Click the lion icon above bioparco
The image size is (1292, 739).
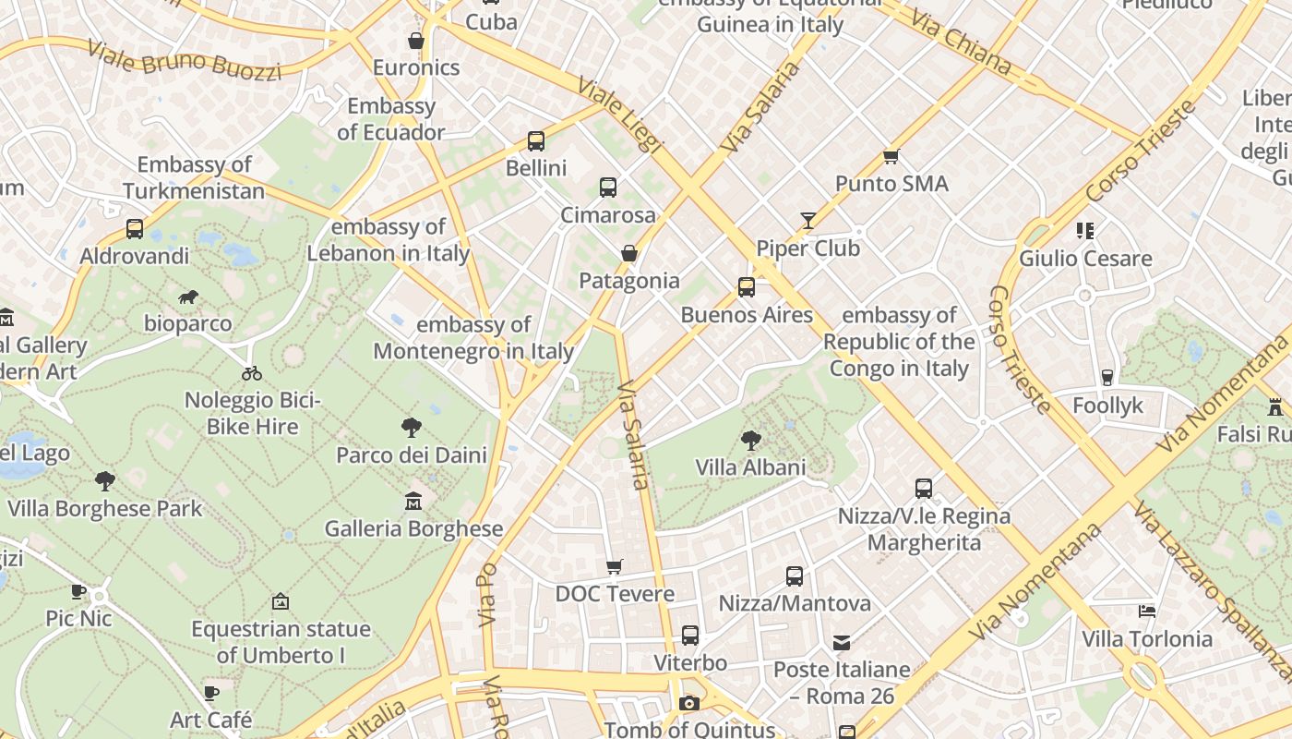[x=189, y=297]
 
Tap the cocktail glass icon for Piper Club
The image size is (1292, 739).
[x=808, y=220]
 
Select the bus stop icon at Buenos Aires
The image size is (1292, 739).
[x=747, y=287]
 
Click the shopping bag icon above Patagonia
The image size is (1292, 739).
[x=629, y=253]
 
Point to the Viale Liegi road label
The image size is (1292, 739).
[x=620, y=115]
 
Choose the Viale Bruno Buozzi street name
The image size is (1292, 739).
[x=184, y=60]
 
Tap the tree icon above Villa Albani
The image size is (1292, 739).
[x=751, y=440]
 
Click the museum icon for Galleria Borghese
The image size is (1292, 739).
[x=413, y=502]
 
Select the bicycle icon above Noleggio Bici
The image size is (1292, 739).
[x=252, y=373]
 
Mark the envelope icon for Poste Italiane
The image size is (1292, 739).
[x=842, y=642]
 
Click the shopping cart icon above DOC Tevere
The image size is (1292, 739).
[x=615, y=566]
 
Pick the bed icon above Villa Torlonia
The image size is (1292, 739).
[x=1147, y=612]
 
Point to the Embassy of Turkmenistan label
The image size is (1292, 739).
[x=194, y=178]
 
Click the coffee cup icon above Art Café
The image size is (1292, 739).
[x=211, y=693]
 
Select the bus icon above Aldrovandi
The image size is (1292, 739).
[x=135, y=228]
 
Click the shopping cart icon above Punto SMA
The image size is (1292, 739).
[x=891, y=156]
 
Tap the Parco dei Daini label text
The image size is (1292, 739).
[x=412, y=454]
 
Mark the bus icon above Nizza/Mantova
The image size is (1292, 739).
[x=795, y=576]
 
